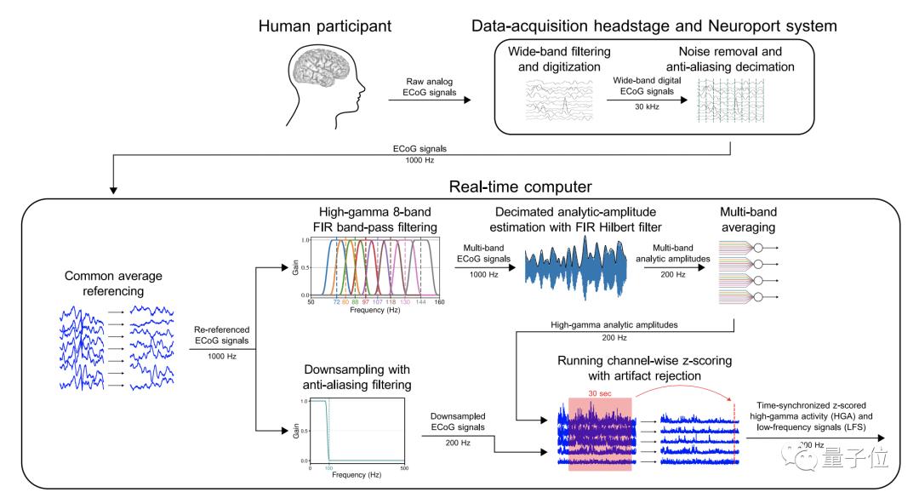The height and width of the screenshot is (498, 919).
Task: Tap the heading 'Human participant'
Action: (325, 26)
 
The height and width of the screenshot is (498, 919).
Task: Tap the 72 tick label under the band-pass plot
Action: (337, 302)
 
